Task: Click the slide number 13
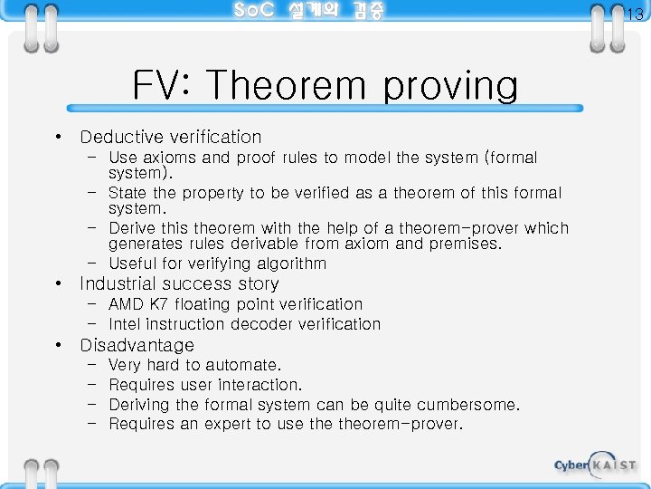pyautogui.click(x=635, y=14)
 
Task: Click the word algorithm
pyautogui.click(x=289, y=264)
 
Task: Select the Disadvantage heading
pyautogui.click(x=137, y=346)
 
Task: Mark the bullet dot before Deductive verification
pyautogui.click(x=58, y=138)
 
